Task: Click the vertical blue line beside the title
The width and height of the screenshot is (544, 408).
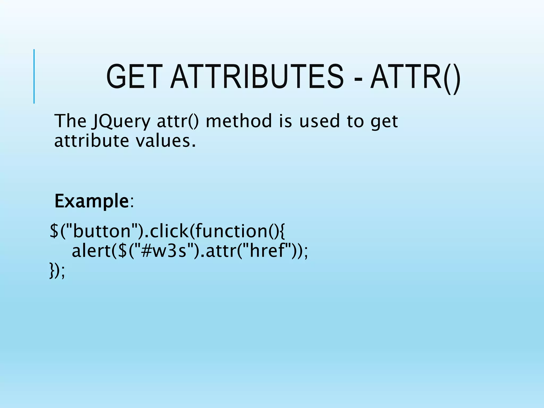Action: click(34, 76)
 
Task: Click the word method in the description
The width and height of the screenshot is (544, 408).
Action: click(239, 121)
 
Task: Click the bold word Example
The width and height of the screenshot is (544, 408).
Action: click(92, 201)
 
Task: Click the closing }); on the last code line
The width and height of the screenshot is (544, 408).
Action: click(57, 271)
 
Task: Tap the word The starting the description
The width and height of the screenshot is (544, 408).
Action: click(70, 121)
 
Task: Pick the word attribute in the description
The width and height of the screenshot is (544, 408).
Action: click(92, 141)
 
